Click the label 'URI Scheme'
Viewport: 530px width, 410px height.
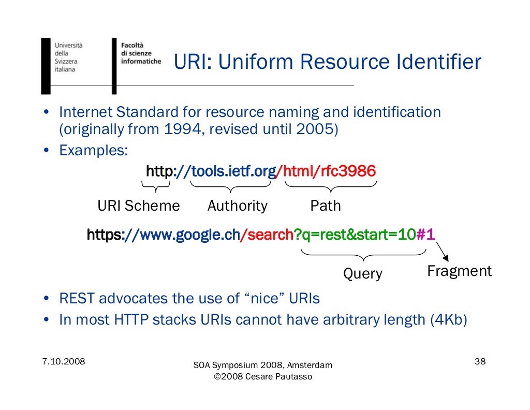click(139, 206)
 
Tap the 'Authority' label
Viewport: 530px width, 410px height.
click(237, 206)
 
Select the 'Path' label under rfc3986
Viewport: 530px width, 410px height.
click(325, 206)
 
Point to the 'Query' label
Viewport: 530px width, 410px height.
click(363, 274)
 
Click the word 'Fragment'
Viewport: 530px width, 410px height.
click(459, 271)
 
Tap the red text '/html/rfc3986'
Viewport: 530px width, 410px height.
click(327, 171)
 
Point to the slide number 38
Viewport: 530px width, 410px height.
click(480, 361)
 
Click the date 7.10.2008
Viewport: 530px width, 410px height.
click(64, 361)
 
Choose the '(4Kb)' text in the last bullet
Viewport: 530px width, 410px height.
click(448, 320)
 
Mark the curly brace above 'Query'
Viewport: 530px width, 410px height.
click(363, 255)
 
